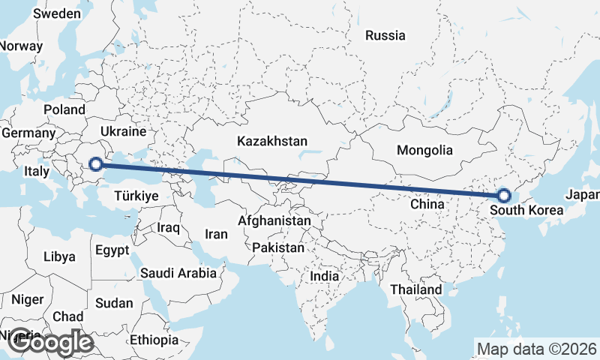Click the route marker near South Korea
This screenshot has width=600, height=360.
point(504,196)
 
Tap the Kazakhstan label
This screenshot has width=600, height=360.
point(271,141)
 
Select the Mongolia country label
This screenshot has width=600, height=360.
point(425,150)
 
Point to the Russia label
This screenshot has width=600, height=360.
point(385,35)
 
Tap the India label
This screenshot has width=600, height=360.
point(325,276)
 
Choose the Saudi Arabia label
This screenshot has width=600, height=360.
point(178,273)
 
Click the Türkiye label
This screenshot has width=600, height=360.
point(136,196)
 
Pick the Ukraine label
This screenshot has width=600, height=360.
point(122,131)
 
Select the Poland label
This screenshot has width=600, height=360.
point(64,109)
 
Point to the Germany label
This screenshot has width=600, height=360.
point(28,133)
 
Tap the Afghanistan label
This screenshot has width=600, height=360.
point(274,221)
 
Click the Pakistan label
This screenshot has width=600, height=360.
point(278,247)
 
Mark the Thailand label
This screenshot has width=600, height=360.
point(416,289)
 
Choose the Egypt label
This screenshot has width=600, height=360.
point(112,250)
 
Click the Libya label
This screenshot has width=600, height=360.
point(60,256)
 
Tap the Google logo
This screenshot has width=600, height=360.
point(50,343)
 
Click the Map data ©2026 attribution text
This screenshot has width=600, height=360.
point(536,349)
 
